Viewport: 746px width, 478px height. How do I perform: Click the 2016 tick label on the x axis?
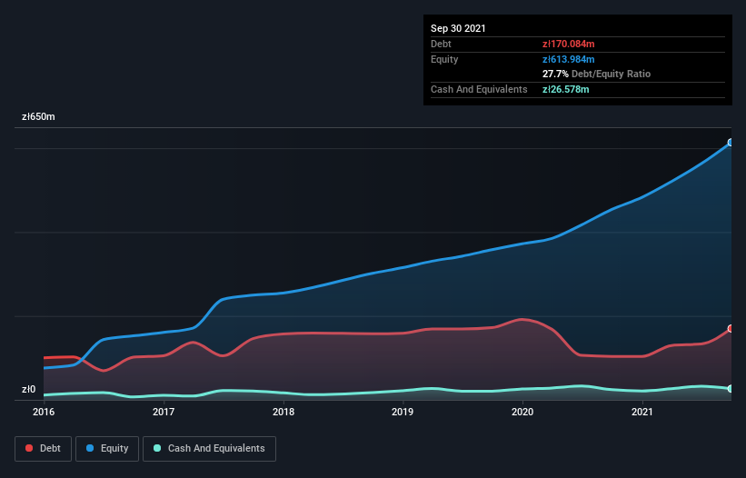coord(44,412)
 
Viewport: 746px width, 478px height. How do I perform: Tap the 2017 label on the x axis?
coord(164,412)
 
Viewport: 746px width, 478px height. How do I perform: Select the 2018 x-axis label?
coord(283,412)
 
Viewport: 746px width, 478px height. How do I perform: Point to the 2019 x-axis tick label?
coord(403,412)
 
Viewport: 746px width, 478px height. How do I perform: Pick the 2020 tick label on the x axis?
coord(522,412)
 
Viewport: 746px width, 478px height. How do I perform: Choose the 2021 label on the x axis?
coord(642,412)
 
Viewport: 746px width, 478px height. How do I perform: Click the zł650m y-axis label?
coord(38,117)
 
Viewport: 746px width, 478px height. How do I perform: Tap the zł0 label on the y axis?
coord(29,390)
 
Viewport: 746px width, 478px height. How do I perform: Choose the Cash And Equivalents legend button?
coord(209,448)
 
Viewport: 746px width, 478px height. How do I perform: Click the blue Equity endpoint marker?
coord(730,143)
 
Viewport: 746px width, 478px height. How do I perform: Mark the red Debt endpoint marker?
coord(730,329)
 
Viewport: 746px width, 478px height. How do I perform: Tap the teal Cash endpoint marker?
coord(730,389)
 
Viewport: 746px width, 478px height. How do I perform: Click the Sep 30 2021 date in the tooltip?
coord(458,28)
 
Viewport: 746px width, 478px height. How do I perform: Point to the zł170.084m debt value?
coord(568,44)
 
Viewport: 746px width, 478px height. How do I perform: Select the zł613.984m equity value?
coord(568,59)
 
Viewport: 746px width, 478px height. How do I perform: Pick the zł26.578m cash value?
coord(564,89)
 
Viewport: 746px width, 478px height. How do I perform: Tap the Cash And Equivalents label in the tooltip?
coord(479,89)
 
